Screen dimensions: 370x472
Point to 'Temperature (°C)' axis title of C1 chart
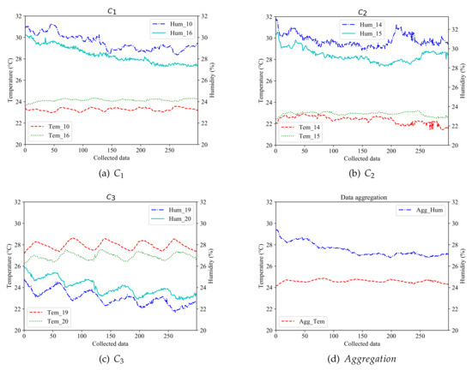point(5,81)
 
